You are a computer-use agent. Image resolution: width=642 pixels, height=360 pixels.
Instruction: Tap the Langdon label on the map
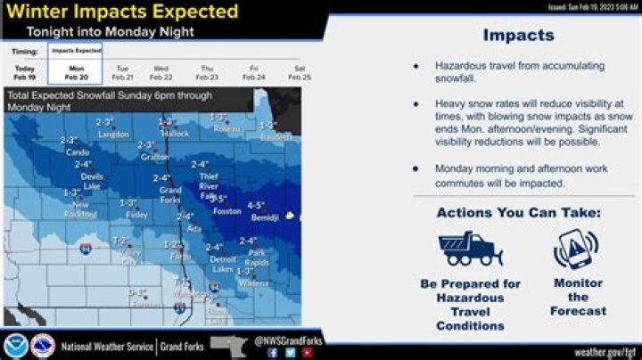click(113, 134)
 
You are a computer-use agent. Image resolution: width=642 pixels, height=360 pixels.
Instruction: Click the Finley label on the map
click(136, 214)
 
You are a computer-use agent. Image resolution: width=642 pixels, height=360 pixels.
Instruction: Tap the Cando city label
click(78, 151)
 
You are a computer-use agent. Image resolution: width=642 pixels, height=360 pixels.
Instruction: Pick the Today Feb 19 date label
click(25, 71)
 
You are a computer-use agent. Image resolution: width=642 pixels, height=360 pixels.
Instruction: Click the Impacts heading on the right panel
click(518, 36)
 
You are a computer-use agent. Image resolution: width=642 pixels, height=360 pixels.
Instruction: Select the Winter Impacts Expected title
click(123, 12)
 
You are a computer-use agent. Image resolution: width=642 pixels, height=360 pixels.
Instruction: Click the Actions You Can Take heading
click(518, 213)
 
